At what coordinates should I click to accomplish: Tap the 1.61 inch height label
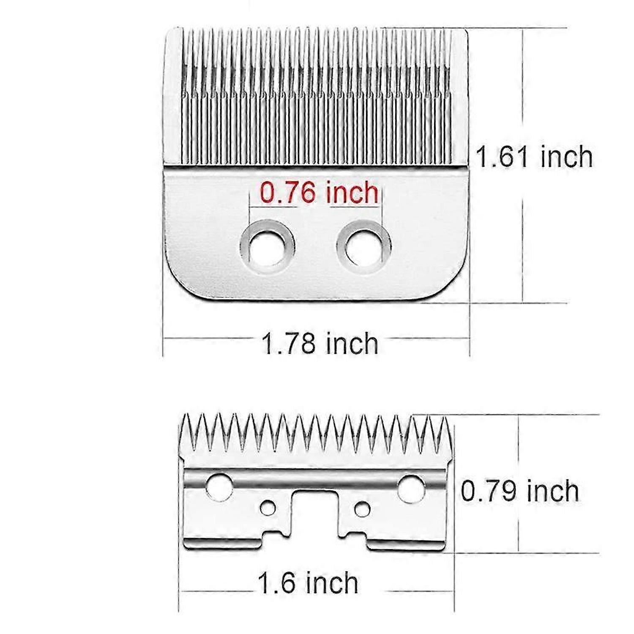534,156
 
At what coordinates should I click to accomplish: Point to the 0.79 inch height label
520,491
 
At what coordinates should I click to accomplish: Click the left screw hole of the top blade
267,246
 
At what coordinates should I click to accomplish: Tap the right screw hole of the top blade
363,246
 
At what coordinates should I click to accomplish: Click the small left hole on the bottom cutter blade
268,508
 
